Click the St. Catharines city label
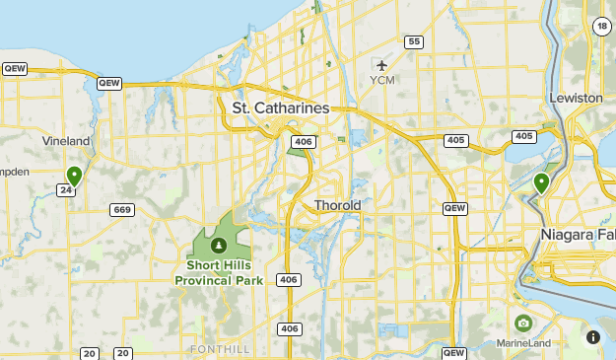(x=280, y=107)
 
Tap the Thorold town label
(x=337, y=205)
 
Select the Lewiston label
(x=578, y=99)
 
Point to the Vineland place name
(x=66, y=141)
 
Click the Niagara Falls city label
(x=578, y=234)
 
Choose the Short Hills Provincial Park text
(x=217, y=272)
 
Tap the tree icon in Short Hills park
(x=218, y=245)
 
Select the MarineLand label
(x=523, y=344)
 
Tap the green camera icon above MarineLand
(x=522, y=323)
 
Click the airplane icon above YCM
(x=382, y=65)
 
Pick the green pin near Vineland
(x=74, y=177)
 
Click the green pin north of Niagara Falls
(x=541, y=182)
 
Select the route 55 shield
(x=414, y=41)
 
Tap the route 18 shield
(x=601, y=27)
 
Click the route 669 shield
(x=122, y=209)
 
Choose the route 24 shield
(x=66, y=190)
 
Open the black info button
(x=592, y=336)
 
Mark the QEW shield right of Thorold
(x=454, y=208)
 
